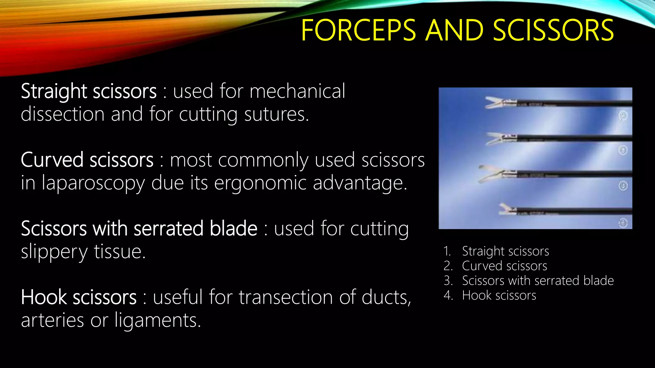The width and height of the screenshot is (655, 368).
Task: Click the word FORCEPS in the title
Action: [358, 30]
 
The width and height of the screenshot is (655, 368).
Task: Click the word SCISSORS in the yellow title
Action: [553, 30]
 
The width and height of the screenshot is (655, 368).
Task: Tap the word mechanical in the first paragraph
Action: [297, 91]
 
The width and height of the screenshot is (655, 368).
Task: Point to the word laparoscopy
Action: [93, 184]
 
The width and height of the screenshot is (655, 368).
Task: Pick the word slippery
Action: [54, 252]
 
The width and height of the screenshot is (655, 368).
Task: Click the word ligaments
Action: [158, 321]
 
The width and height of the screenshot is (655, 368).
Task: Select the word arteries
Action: [52, 320]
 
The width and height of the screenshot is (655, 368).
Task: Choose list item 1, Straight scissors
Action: [505, 251]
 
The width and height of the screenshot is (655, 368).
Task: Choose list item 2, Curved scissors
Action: [504, 266]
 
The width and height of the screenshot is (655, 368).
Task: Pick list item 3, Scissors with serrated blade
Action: [538, 281]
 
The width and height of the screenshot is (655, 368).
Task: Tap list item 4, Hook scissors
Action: [499, 295]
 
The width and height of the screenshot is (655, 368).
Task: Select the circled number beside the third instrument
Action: [623, 186]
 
